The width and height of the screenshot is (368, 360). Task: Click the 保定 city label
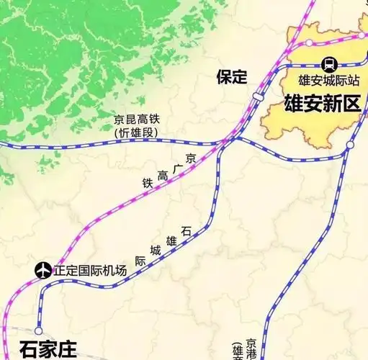(x=231, y=77)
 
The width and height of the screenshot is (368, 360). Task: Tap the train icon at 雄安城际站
(x=328, y=63)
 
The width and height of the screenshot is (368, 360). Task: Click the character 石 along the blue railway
(x=187, y=231)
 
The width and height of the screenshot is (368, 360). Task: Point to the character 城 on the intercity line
(x=156, y=252)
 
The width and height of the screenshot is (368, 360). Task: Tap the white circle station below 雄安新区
(x=349, y=146)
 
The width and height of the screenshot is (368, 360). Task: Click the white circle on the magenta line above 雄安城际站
(x=309, y=43)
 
